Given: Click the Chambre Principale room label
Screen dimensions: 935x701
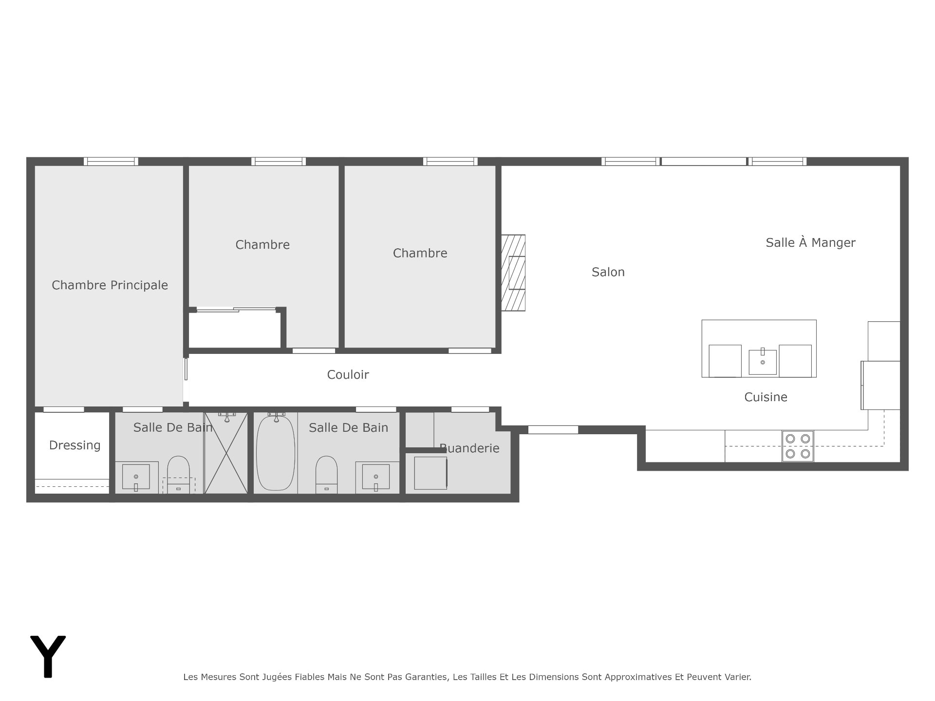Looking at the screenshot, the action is [110, 285].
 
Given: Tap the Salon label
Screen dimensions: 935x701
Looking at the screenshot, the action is [608, 272].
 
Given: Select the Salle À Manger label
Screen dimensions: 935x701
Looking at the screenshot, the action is [810, 242].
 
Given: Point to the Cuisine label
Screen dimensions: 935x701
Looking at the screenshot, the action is [766, 397].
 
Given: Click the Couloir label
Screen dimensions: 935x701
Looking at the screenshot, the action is [348, 375].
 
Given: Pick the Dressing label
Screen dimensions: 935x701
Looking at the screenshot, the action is [75, 445].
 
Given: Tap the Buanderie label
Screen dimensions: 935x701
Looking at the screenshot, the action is [469, 448].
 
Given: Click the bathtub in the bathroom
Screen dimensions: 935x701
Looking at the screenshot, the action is [276, 452].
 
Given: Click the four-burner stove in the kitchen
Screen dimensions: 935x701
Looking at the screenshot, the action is [798, 446].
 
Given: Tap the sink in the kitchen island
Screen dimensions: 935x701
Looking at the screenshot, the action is [763, 362].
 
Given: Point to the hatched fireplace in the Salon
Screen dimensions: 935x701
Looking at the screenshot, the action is [513, 273].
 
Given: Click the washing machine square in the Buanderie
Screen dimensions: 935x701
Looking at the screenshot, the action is [430, 473].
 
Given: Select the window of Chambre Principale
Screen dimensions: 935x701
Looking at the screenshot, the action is [111, 162].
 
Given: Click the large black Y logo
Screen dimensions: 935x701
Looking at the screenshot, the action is [48, 656].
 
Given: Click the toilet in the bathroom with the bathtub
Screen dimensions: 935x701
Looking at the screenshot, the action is [326, 475].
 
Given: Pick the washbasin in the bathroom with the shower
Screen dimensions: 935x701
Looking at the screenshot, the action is [136, 477].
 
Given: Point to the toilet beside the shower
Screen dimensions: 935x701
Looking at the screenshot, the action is [178, 475].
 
